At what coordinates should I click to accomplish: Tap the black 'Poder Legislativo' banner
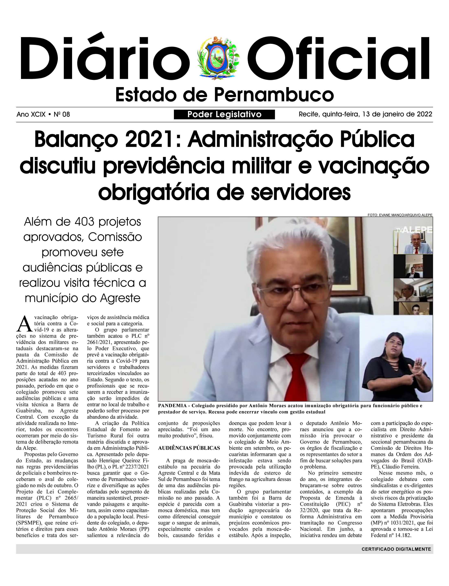point(224,115)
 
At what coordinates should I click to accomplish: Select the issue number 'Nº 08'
point(62,115)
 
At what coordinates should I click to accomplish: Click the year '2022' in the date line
point(424,114)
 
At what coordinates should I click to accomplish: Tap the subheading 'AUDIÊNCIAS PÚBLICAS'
point(189,448)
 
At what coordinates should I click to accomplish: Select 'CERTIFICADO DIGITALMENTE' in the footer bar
point(396,549)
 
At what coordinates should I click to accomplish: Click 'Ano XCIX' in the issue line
point(31,115)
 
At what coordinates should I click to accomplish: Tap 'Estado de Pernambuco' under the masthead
point(224,95)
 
